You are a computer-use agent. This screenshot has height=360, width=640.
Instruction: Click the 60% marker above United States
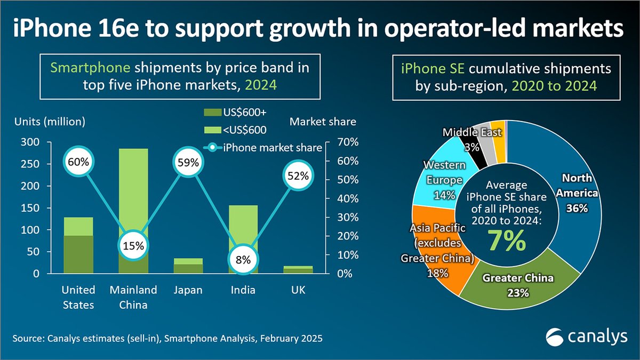tap(78, 162)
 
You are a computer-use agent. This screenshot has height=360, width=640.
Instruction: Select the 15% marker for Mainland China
tap(133, 245)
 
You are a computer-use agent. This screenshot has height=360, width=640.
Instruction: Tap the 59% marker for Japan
tap(188, 162)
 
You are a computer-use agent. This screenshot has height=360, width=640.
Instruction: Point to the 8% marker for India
tap(243, 260)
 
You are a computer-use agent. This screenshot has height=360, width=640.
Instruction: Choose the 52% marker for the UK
tap(298, 175)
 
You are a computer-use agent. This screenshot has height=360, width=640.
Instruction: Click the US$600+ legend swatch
tap(213, 113)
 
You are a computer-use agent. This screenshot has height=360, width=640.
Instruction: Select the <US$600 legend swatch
tap(213, 130)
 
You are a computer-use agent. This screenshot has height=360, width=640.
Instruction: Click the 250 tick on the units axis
tap(30, 164)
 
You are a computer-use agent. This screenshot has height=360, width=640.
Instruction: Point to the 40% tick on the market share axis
tap(348, 198)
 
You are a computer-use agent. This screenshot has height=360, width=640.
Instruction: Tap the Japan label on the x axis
tap(188, 290)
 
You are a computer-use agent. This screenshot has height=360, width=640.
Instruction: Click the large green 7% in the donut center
tap(507, 241)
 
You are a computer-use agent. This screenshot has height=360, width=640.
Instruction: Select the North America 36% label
tap(577, 193)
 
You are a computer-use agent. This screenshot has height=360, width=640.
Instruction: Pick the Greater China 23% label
tap(518, 285)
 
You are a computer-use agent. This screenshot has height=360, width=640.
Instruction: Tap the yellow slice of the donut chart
tap(499, 141)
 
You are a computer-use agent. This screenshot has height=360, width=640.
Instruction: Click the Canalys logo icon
tap(555, 337)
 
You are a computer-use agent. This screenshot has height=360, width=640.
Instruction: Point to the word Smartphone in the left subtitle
tap(90, 68)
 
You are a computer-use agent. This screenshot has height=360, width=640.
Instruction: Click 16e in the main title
tap(118, 28)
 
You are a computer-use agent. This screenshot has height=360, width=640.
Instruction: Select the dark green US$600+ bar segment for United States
tap(78, 254)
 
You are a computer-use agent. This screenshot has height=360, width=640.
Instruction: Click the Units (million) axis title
tap(50, 122)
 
